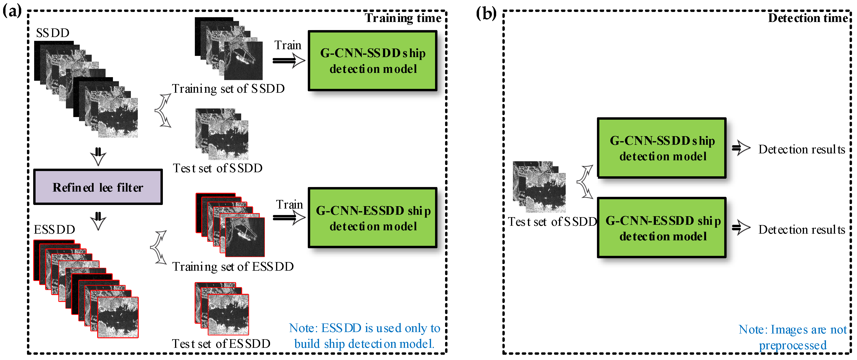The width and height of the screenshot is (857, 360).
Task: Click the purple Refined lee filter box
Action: (98, 187)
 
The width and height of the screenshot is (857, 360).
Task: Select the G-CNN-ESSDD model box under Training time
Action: (373, 218)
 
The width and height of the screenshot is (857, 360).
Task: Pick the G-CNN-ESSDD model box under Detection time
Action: (661, 228)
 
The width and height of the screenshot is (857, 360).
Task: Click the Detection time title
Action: (808, 18)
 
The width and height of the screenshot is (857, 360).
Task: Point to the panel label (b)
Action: (486, 14)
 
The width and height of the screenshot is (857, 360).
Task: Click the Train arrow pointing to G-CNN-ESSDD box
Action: (289, 218)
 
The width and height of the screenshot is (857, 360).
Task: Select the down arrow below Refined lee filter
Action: (98, 221)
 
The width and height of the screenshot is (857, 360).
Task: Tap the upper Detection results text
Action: (801, 149)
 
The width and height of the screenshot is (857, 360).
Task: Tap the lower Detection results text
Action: (801, 230)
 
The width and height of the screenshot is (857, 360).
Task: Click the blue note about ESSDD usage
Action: (364, 336)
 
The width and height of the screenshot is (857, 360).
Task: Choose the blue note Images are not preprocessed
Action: (793, 337)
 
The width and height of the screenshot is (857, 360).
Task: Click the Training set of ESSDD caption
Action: (233, 267)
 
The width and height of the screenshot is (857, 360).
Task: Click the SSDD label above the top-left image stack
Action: (53, 33)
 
